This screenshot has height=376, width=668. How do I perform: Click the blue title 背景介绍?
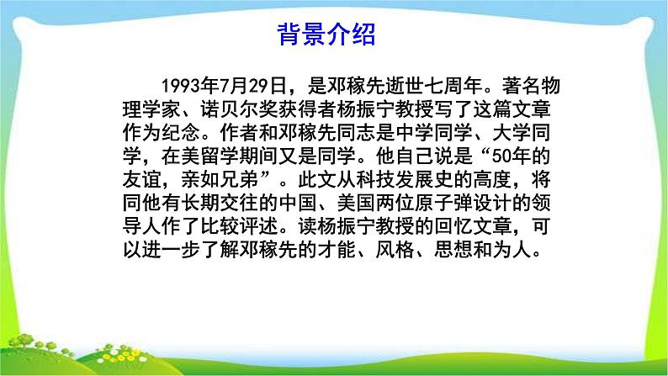(x=326, y=34)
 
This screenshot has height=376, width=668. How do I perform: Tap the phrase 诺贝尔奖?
(x=240, y=109)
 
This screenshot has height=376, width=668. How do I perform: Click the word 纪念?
(x=181, y=132)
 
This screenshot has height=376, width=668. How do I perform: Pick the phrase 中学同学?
(x=433, y=132)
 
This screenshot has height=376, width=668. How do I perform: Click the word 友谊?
(x=142, y=179)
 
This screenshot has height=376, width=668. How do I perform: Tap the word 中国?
(x=298, y=203)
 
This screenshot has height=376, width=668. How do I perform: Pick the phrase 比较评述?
(x=240, y=226)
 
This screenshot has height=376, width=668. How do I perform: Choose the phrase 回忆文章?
(x=473, y=226)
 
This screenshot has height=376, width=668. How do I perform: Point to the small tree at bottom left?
(x=22, y=342)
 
